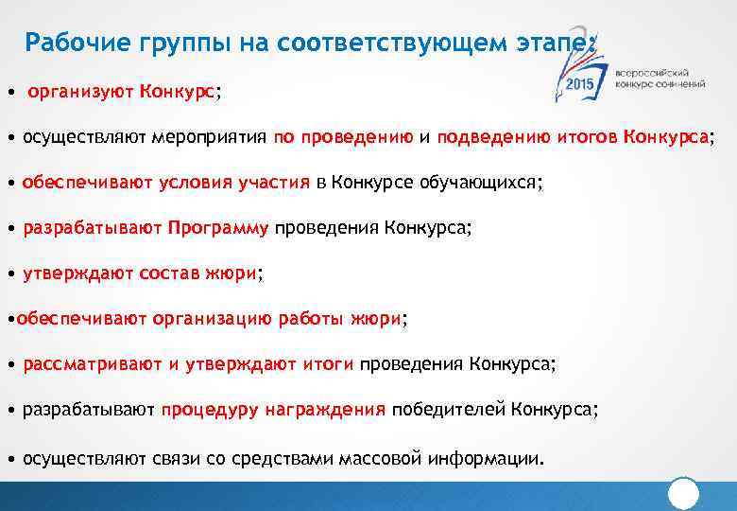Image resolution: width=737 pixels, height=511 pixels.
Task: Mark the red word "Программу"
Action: click(218, 228)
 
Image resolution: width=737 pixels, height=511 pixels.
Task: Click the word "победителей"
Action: click(450, 410)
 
